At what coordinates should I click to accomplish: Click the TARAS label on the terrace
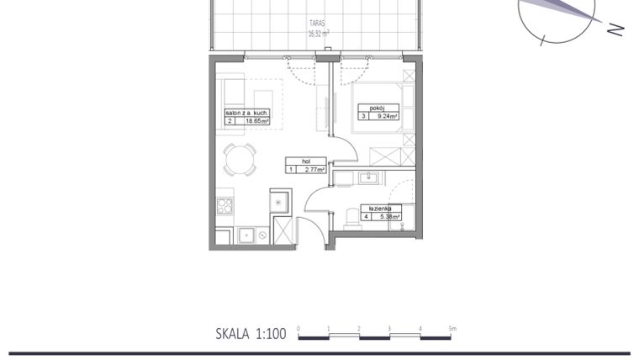(x=317, y=25)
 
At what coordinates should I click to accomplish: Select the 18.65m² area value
(x=256, y=121)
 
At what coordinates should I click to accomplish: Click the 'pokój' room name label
(x=372, y=108)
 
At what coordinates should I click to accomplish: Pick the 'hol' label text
(x=293, y=161)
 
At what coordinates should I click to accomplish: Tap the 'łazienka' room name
(x=376, y=208)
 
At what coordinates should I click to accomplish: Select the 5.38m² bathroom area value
(x=388, y=216)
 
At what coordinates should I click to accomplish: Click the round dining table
(x=240, y=159)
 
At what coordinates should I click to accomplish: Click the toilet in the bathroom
(x=351, y=219)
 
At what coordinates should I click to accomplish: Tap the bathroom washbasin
(x=367, y=177)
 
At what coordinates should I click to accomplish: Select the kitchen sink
(x=246, y=235)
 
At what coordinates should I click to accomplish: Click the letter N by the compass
(x=616, y=29)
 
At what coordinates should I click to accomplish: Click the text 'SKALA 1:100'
(x=251, y=334)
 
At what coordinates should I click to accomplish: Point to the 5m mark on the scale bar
(x=452, y=328)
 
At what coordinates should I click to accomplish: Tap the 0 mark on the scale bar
(x=298, y=328)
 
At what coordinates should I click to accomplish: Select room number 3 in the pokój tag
(x=364, y=117)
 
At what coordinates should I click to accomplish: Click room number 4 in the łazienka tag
(x=367, y=216)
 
